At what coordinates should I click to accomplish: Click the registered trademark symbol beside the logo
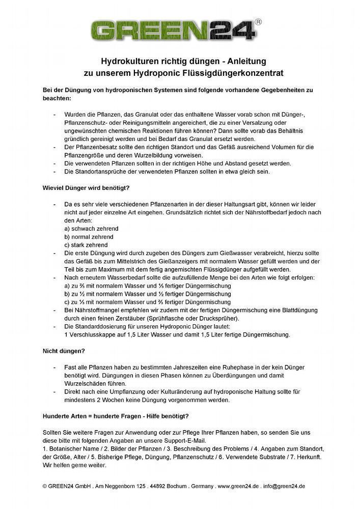coord(259,22)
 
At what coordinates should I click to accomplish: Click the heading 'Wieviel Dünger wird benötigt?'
coord(87,188)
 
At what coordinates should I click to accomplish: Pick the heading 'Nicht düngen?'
coord(63,350)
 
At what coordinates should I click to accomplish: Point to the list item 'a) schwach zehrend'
coord(89,229)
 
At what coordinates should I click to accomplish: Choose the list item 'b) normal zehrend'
coord(89,237)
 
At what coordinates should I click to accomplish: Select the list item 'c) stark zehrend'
coord(86,245)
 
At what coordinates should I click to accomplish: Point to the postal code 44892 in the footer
coord(155,486)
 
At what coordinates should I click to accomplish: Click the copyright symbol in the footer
coord(45,486)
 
